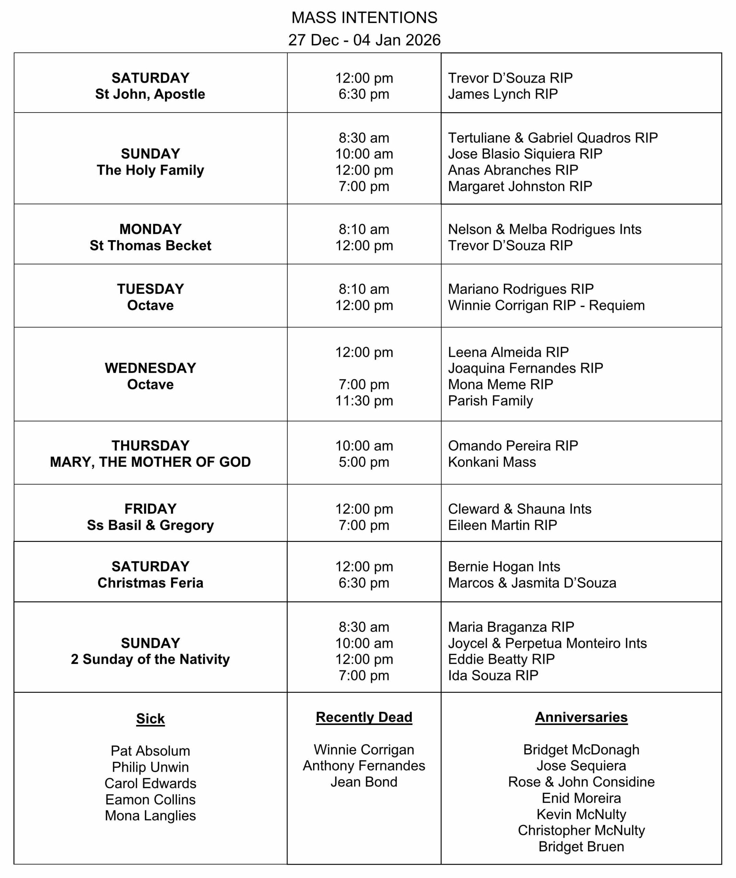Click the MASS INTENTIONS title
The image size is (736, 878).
pos(364,18)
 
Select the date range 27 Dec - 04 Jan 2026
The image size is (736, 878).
pos(364,40)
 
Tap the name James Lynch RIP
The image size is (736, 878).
pos(503,94)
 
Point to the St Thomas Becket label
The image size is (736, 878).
pos(150,246)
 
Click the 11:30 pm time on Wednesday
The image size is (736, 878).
pos(364,401)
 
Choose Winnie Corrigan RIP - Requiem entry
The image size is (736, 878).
pos(546,305)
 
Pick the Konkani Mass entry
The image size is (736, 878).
pos(492,462)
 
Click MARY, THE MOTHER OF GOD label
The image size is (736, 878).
pos(150,462)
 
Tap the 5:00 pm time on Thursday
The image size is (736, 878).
pos(364,462)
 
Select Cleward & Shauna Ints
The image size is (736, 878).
pos(519,509)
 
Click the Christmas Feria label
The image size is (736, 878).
pos(150,583)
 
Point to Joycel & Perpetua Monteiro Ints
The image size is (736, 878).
pos(547,643)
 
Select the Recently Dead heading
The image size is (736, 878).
pos(364,717)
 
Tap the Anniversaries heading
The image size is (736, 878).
pos(581,717)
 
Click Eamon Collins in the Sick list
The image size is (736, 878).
pos(150,799)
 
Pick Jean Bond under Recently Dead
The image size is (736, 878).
pos(364,782)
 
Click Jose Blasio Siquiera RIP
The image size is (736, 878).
pos(525,154)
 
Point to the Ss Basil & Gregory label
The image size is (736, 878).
pos(150,525)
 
